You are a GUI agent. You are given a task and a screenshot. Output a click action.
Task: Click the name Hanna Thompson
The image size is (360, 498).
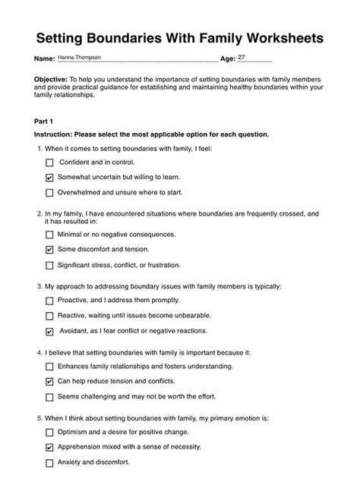[x=80, y=58]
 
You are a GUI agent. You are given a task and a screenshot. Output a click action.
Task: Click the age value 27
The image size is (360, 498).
[x=242, y=58]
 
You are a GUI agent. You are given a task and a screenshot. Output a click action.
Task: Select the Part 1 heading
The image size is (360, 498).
[x=46, y=120]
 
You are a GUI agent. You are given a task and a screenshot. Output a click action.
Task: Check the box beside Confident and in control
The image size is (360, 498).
[x=50, y=162]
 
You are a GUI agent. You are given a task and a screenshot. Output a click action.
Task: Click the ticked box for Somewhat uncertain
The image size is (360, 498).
[x=50, y=177]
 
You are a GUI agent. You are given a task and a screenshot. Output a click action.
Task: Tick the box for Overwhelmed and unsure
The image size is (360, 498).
[x=50, y=192]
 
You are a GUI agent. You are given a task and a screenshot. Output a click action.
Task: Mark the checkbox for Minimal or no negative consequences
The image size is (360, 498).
[x=50, y=235]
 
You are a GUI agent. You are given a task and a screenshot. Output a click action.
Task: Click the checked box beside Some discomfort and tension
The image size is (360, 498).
[x=50, y=250]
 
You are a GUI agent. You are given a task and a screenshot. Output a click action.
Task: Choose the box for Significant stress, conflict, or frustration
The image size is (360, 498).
[x=50, y=265]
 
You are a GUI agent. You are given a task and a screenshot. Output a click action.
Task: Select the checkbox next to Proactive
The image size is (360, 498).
[x=50, y=301]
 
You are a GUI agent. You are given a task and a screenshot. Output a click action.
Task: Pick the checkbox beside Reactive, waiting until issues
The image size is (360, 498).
[x=50, y=316]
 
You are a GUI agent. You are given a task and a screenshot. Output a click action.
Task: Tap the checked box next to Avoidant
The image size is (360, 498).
[x=50, y=331]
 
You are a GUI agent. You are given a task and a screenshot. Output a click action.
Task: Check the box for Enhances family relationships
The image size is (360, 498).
[x=50, y=367]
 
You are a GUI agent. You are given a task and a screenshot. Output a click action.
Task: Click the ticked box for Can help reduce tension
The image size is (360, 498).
[x=50, y=381]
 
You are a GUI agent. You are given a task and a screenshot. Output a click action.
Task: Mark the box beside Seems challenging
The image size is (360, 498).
[x=50, y=396]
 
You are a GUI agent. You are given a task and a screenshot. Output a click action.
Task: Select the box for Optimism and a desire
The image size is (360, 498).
[x=50, y=432]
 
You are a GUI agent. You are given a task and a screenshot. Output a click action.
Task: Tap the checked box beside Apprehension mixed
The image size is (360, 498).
[x=50, y=447]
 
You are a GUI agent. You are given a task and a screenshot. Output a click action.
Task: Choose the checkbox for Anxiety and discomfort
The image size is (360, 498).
[x=50, y=462]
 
